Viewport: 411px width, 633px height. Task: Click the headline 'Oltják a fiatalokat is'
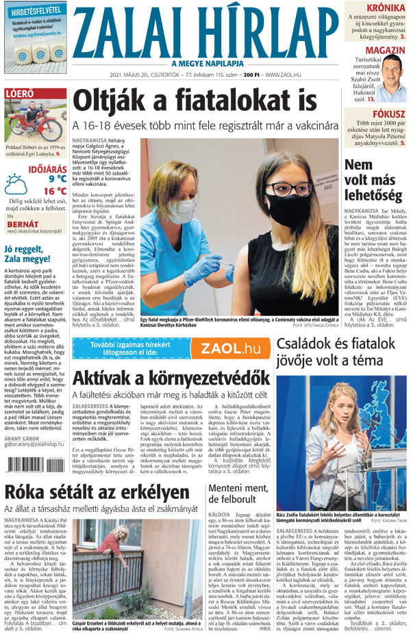186,101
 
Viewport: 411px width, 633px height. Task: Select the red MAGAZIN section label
384,51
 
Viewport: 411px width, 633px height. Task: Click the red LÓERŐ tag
19,94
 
